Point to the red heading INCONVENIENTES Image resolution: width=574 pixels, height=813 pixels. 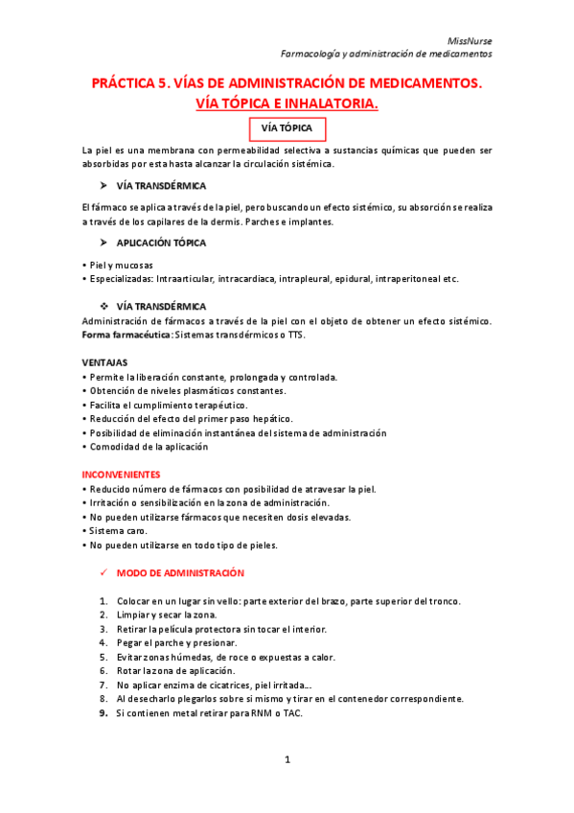121,475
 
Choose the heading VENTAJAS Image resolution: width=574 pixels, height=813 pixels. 105,362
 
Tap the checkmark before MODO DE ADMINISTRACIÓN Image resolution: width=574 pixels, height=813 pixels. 103,573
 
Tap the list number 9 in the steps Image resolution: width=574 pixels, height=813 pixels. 103,713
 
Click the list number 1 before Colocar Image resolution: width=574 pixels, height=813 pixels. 103,601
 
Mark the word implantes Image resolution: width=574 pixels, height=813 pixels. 308,221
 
